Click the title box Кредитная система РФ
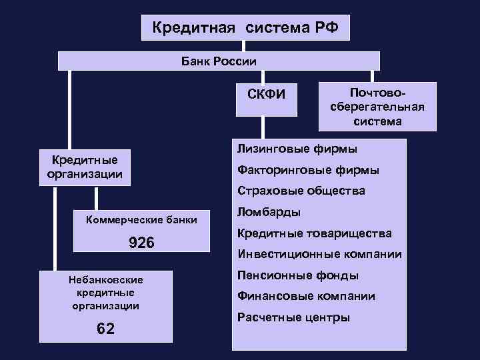pos(245,28)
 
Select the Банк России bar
pos(219,61)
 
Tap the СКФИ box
pos(266,93)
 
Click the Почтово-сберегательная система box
pos(377,106)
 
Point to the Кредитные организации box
pos(85,167)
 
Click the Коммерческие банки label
pos(142,219)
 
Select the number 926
pos(141,243)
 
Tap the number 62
pos(105,329)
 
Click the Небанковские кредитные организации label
pos(106,293)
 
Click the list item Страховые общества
pos(301,191)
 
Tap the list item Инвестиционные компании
pos(319,254)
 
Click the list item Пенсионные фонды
pos(298,275)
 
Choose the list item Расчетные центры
pos(293,317)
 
